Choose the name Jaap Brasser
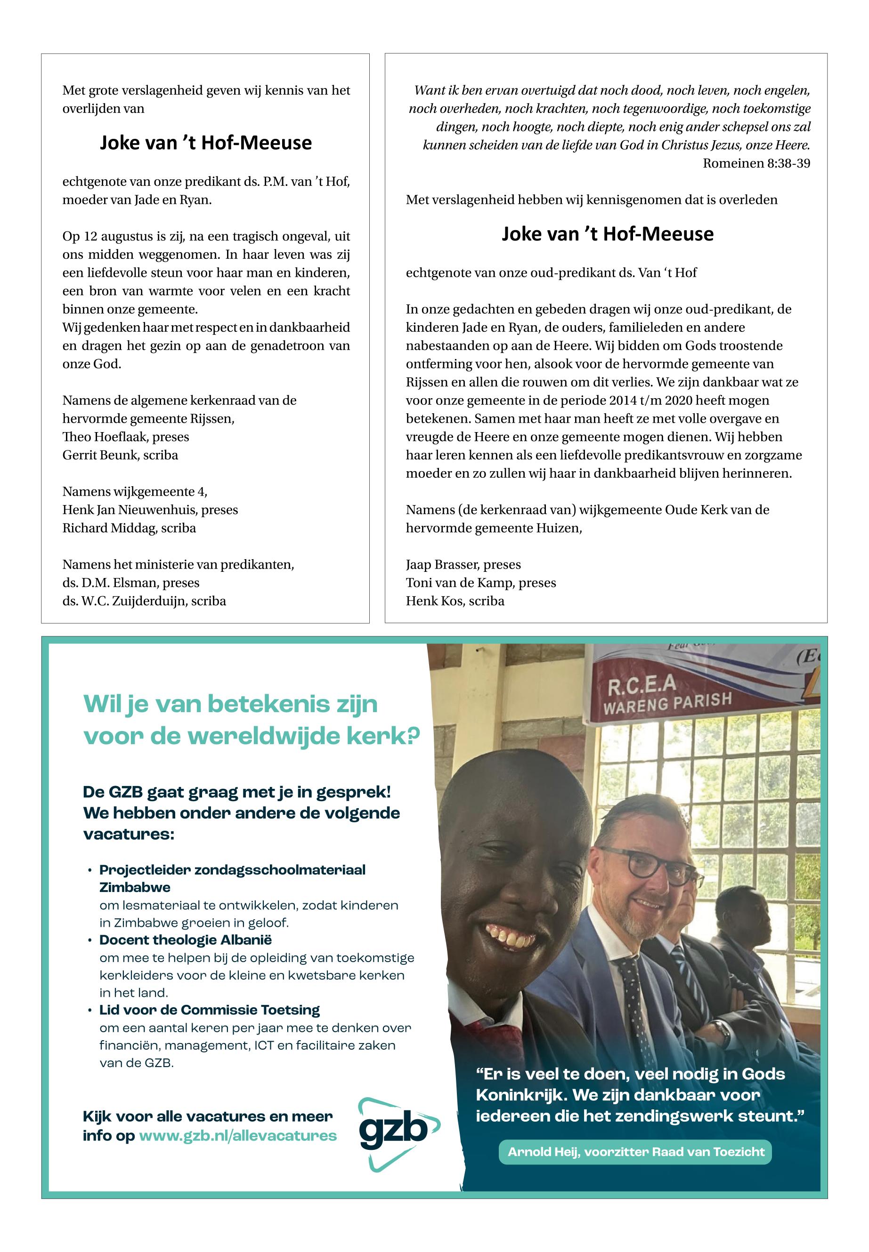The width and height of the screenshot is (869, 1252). tap(440, 565)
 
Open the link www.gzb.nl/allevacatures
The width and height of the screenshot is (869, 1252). tap(238, 1136)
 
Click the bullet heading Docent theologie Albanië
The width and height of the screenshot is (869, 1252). tap(185, 939)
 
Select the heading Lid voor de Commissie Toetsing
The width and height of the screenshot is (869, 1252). tap(209, 1010)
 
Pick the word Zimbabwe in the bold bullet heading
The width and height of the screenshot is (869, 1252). tap(135, 887)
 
